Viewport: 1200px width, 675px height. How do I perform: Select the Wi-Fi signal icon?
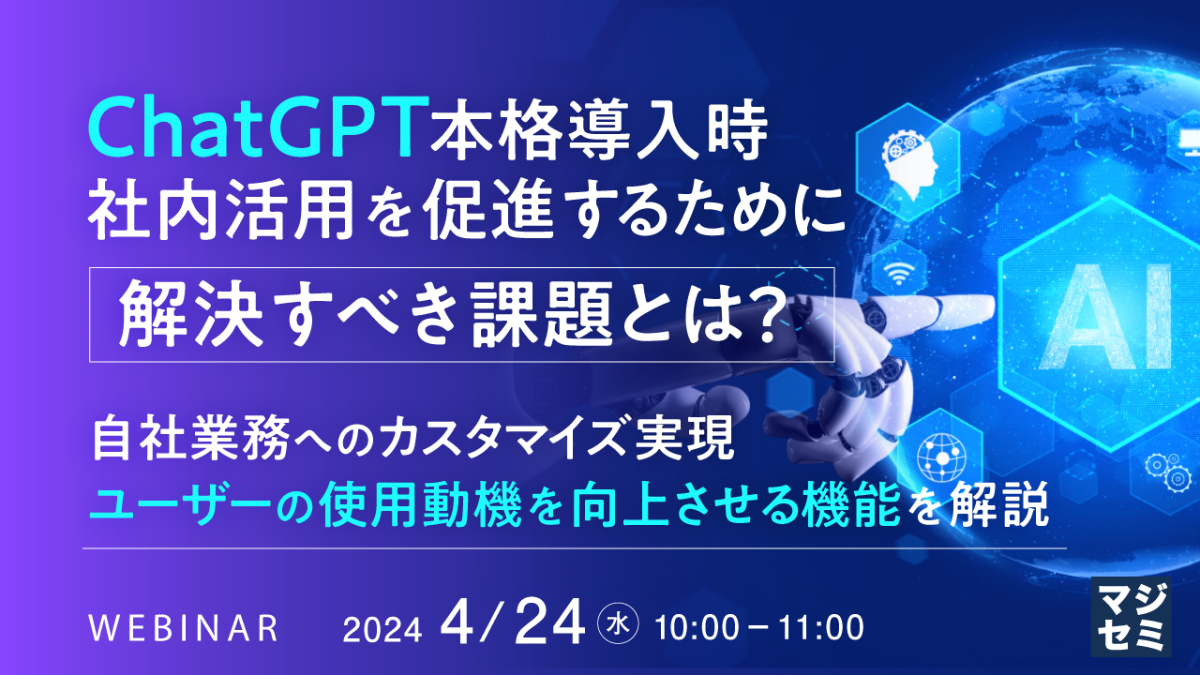coord(892,273)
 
